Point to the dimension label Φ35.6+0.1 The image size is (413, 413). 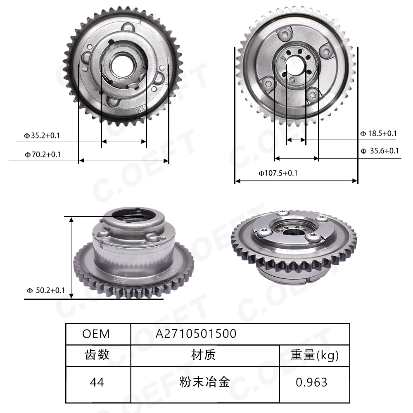[379, 151]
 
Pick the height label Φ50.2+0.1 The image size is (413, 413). [46, 290]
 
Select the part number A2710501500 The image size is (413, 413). [196, 334]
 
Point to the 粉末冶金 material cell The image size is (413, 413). [204, 382]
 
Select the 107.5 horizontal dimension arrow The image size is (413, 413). [296, 180]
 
